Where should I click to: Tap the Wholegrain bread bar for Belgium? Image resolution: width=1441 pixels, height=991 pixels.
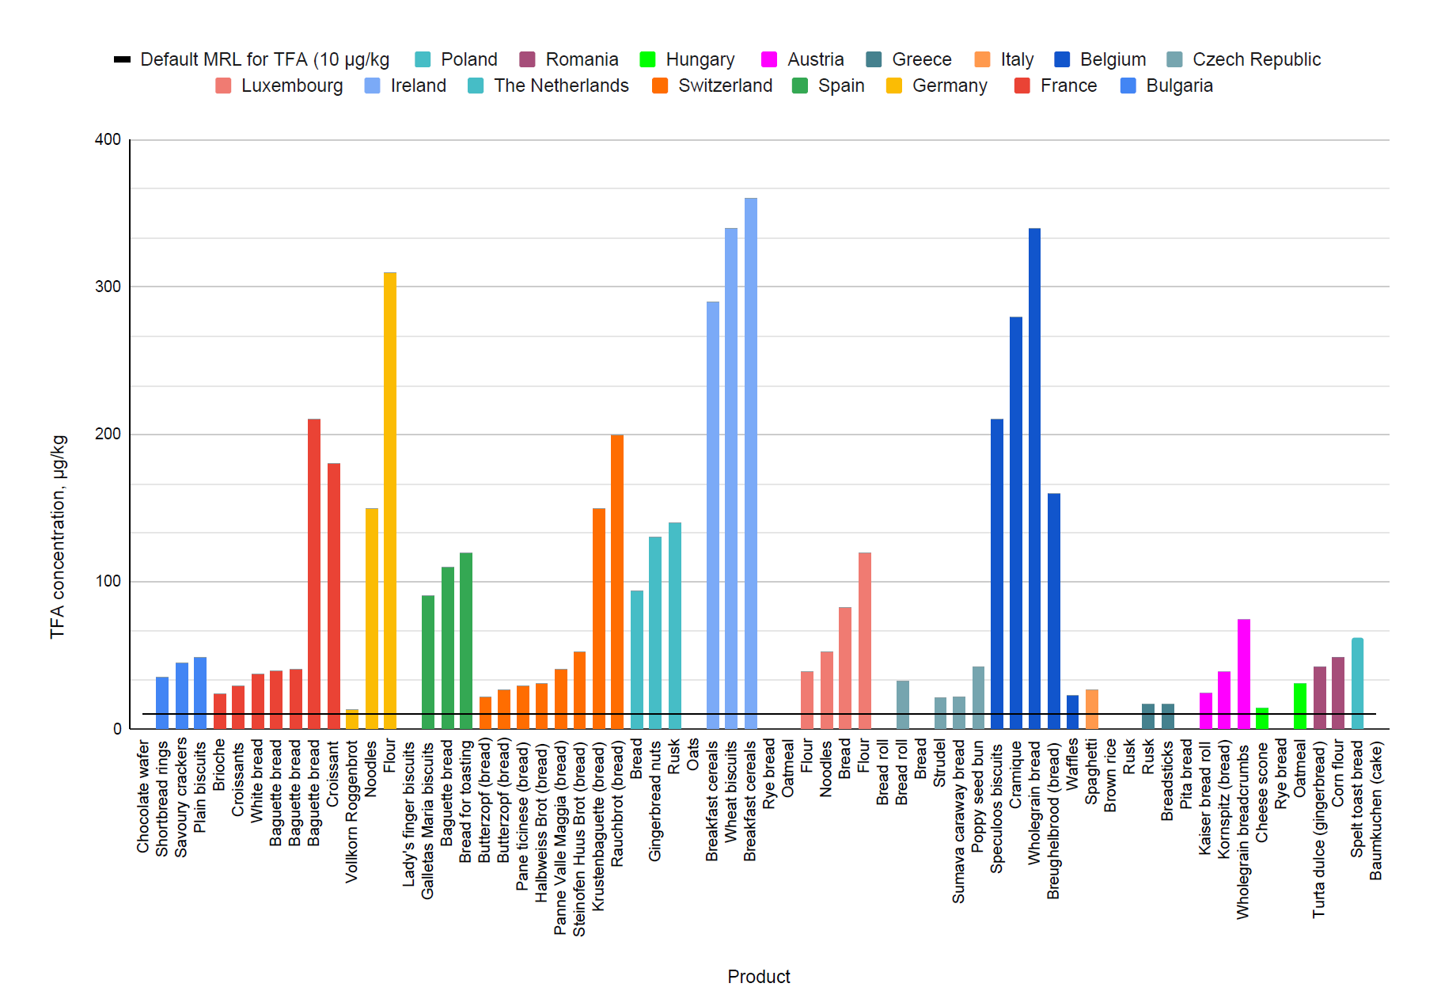click(1034, 478)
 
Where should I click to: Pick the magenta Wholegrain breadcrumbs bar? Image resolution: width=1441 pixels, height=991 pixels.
click(1243, 674)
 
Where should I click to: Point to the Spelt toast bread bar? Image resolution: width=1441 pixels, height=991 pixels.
click(1357, 683)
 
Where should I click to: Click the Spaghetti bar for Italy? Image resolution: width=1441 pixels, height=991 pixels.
click(1091, 708)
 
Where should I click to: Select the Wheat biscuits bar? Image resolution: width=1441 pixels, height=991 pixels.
click(731, 478)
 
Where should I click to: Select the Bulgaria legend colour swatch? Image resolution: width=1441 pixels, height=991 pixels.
click(1128, 85)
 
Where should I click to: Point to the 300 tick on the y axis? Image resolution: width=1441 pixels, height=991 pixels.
click(108, 287)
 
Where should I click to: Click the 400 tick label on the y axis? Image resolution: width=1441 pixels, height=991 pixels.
click(108, 139)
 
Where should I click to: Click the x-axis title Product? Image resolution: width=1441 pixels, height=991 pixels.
click(758, 976)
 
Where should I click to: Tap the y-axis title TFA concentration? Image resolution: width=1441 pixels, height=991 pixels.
click(59, 537)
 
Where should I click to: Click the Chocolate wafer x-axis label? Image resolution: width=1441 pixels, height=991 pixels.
click(143, 796)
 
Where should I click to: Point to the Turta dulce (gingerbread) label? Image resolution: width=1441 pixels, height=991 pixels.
click(1318, 829)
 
